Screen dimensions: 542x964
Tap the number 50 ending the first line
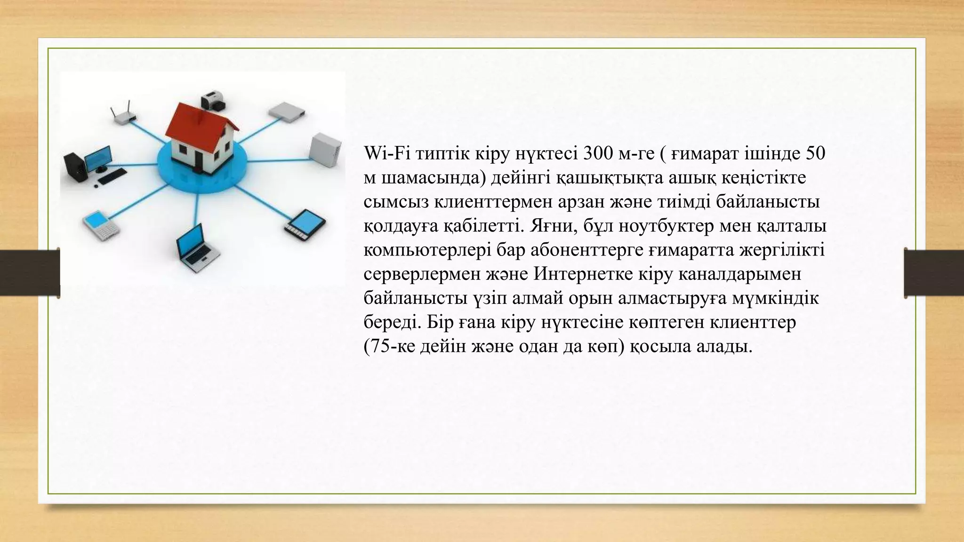coord(815,153)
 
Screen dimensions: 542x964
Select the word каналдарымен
coord(739,274)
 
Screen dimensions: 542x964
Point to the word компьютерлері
coord(427,250)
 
